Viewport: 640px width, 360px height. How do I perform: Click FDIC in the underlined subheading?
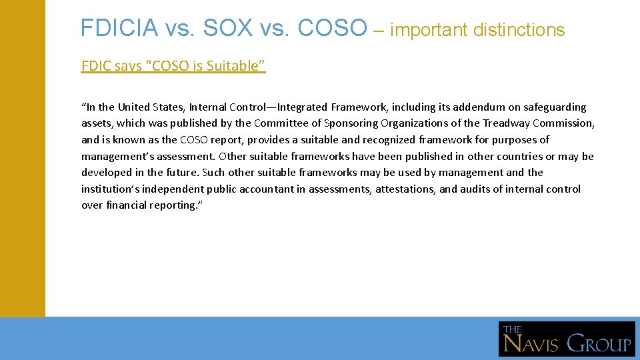click(94, 66)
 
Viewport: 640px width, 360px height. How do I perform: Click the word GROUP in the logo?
click(599, 344)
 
